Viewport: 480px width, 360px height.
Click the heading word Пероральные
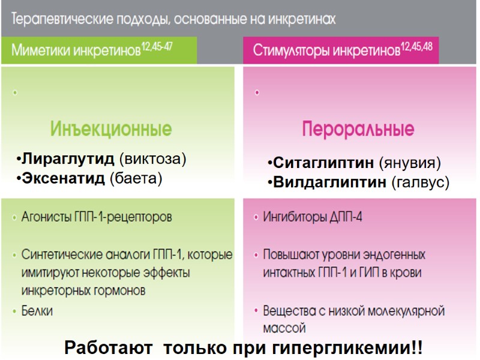click(x=358, y=129)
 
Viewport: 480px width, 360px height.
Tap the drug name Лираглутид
click(x=65, y=159)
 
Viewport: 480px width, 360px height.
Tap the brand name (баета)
click(x=135, y=178)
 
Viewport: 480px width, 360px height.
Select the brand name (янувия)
click(x=410, y=163)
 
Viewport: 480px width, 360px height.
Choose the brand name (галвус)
click(x=420, y=182)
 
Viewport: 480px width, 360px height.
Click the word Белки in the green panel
click(x=37, y=311)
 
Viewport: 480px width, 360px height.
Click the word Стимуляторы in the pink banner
click(x=290, y=52)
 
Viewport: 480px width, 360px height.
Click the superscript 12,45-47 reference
click(x=156, y=47)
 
